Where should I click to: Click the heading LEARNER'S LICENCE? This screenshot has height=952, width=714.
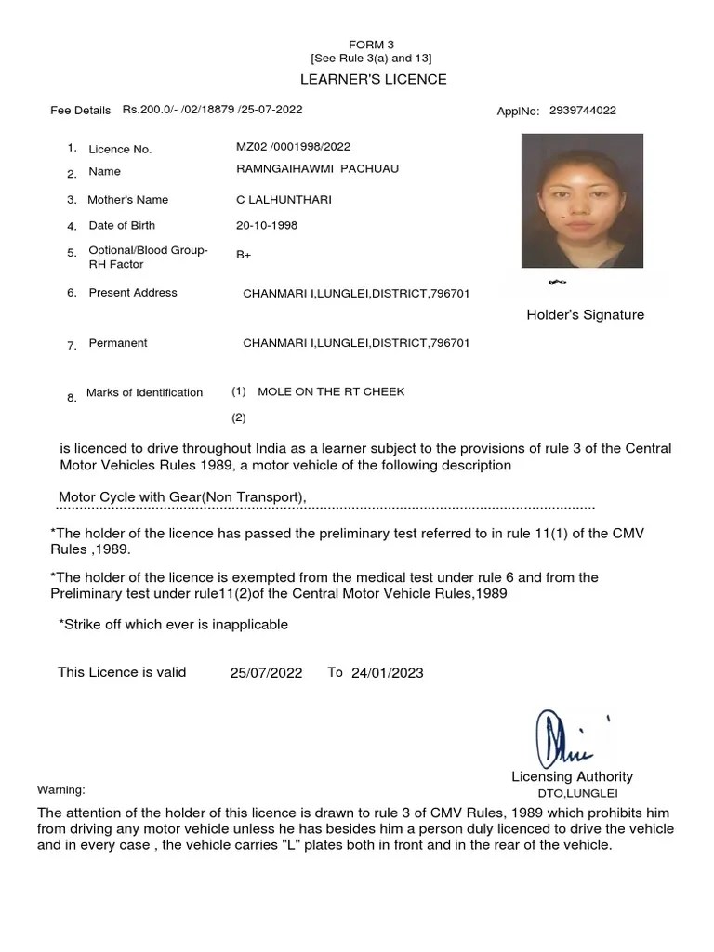tap(373, 79)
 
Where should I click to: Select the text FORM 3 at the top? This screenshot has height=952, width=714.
tap(372, 45)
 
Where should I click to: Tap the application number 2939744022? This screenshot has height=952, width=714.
tap(582, 111)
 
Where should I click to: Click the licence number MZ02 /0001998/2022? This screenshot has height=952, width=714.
tap(293, 147)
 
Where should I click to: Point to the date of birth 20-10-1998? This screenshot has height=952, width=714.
tap(267, 225)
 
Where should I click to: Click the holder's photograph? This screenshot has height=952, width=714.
tap(582, 201)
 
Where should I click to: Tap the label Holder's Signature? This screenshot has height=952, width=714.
tap(585, 315)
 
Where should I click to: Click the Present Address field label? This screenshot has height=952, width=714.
tap(132, 293)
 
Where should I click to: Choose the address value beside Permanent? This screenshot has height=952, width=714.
tap(356, 343)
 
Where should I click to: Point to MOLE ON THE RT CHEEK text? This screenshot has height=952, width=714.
tap(331, 392)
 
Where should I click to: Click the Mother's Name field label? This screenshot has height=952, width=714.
tap(127, 200)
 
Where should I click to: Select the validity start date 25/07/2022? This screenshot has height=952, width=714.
tap(266, 673)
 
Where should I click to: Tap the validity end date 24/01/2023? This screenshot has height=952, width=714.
tap(387, 673)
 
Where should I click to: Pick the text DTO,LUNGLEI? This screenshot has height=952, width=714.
tap(577, 794)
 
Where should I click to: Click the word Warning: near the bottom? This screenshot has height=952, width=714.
tap(60, 790)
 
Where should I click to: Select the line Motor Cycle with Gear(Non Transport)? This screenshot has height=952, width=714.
tap(182, 497)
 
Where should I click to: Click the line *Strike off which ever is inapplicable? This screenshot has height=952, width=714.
tap(173, 625)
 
